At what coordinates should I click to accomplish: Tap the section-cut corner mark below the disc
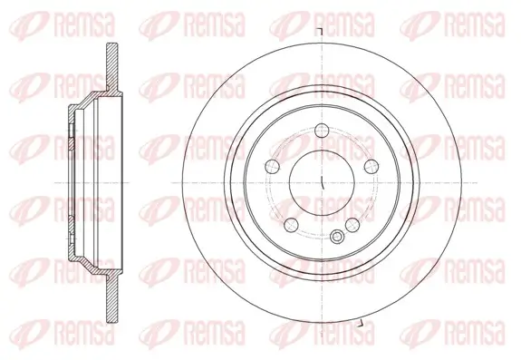360,324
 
